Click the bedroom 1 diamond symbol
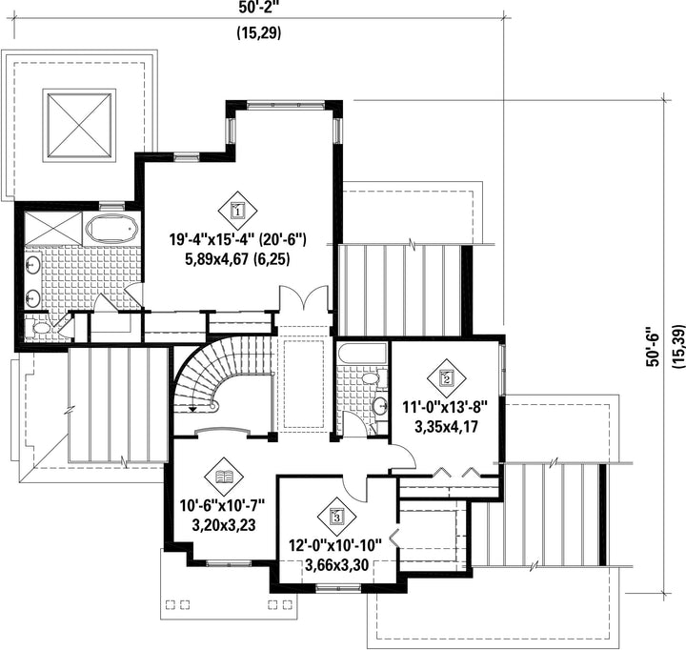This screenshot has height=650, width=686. pyautogui.click(x=237, y=211)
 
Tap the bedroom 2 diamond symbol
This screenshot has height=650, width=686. pyautogui.click(x=447, y=377)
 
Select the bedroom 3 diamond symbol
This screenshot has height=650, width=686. pyautogui.click(x=336, y=516)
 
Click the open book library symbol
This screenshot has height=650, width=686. pyautogui.click(x=224, y=477)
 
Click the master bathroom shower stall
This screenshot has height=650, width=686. pyautogui.click(x=53, y=228)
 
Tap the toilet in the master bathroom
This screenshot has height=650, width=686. pyautogui.click(x=37, y=328)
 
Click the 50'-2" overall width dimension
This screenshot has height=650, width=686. pyautogui.click(x=259, y=7)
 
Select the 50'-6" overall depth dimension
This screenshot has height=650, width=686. pyautogui.click(x=653, y=346)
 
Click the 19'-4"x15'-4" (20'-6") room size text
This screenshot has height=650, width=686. pyautogui.click(x=237, y=239)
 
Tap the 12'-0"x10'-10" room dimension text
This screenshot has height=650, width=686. pyautogui.click(x=335, y=545)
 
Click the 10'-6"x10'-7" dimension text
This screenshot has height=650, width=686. pyautogui.click(x=223, y=505)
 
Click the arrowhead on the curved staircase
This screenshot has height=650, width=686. pyautogui.click(x=192, y=409)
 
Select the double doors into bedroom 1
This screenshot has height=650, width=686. pyautogui.click(x=304, y=298)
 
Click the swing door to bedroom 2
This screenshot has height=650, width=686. pyautogui.click(x=402, y=456)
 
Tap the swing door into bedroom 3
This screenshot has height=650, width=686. pyautogui.click(x=355, y=489)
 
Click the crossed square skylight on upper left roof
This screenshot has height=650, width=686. pyautogui.click(x=79, y=125)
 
